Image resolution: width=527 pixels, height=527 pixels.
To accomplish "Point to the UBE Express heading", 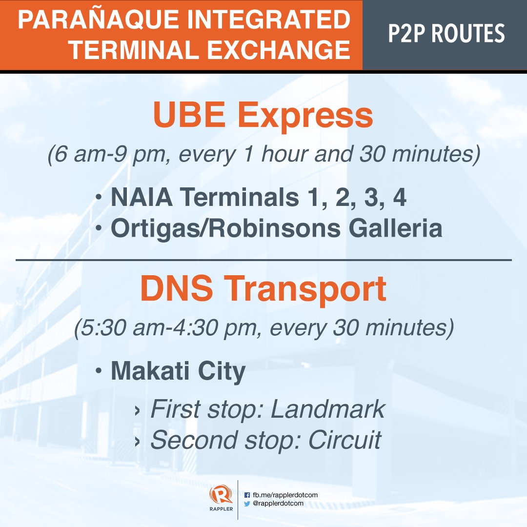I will click(263, 116).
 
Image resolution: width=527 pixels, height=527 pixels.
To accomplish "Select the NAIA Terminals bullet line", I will click(259, 198).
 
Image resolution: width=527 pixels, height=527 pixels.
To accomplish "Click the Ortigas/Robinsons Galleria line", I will click(276, 228).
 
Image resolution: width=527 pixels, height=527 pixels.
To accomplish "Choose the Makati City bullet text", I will click(178, 372).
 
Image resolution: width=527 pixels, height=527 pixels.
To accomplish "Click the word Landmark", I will click(327, 410).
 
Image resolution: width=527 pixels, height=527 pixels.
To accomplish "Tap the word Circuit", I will click(345, 440).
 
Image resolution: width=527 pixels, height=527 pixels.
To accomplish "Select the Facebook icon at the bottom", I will click(247, 495).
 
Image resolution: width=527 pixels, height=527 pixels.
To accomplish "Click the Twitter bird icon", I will click(247, 504).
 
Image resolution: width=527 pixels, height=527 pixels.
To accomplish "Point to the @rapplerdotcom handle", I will click(278, 504).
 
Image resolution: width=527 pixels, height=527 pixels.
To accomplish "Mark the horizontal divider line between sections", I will click(263, 260).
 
